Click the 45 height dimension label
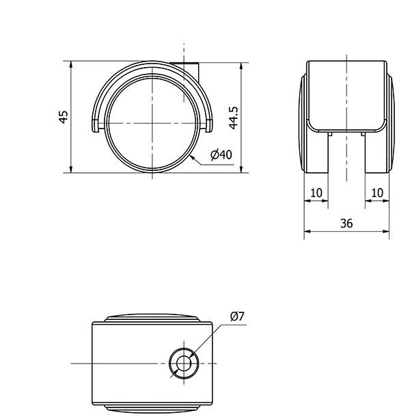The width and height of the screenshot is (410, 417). pyautogui.click(x=64, y=117)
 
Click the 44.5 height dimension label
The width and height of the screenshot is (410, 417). pyautogui.click(x=234, y=118)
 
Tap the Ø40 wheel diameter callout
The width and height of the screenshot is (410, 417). pyautogui.click(x=221, y=154)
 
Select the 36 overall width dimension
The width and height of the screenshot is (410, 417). pyautogui.click(x=346, y=224)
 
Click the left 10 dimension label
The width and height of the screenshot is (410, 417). pyautogui.click(x=316, y=193)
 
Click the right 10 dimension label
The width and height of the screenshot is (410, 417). pyautogui.click(x=377, y=193)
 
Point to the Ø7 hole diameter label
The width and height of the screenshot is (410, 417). pyautogui.click(x=237, y=317)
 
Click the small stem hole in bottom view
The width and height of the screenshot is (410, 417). pyautogui.click(x=184, y=363)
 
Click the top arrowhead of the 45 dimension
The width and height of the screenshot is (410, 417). pyautogui.click(x=71, y=64)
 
